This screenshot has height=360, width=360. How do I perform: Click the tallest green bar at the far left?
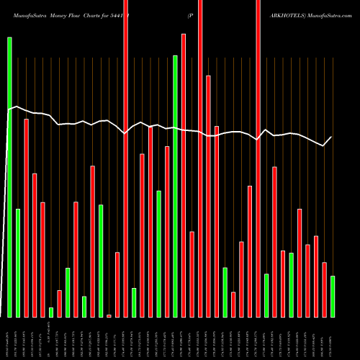10,176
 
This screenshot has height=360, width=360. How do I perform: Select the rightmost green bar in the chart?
333,296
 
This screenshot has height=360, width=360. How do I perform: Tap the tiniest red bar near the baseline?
109,315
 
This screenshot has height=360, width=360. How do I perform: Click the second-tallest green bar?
175,186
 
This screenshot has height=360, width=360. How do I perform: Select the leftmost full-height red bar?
126,158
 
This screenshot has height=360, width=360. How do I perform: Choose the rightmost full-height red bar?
258,158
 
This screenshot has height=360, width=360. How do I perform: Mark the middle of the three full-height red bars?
200,158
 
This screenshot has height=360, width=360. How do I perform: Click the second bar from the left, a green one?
18,263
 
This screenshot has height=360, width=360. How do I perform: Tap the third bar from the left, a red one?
27,217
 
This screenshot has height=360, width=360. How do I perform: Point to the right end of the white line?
332,137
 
